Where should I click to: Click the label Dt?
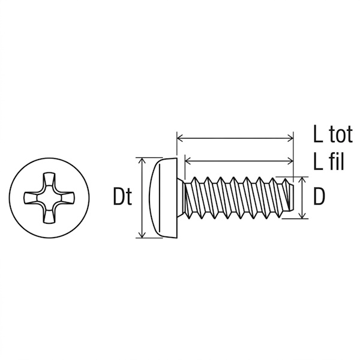(x=122, y=197)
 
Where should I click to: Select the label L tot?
(x=332, y=134)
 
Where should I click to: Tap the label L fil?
(x=329, y=162)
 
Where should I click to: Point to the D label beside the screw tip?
(x=319, y=197)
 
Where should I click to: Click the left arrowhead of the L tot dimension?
(x=180, y=138)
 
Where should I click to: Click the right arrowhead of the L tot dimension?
(x=290, y=138)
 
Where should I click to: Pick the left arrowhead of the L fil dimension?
(x=188, y=161)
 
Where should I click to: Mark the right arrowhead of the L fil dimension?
(x=290, y=161)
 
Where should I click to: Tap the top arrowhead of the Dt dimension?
(x=142, y=160)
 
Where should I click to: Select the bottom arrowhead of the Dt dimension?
(x=142, y=235)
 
